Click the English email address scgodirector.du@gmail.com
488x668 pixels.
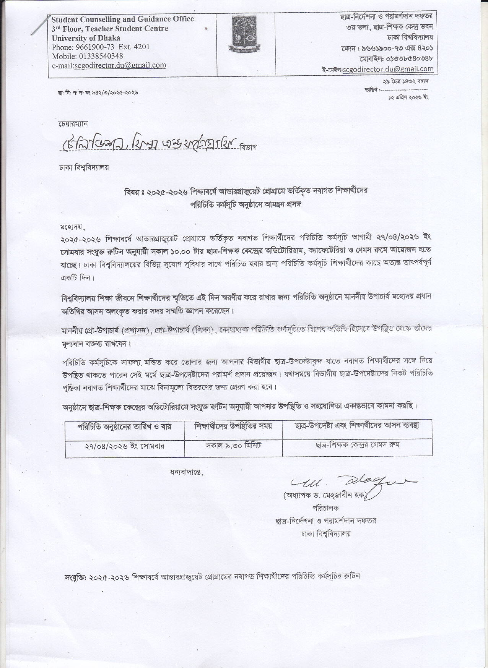tap(120, 65)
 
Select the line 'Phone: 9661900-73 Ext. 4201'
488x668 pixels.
tap(101, 47)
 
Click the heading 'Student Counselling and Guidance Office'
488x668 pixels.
tap(123, 19)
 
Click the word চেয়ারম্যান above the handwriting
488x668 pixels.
tap(73, 124)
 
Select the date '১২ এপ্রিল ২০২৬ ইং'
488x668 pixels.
tap(408, 97)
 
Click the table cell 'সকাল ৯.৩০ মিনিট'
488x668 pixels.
tap(233, 446)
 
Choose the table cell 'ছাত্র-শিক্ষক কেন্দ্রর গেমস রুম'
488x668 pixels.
tap(358, 446)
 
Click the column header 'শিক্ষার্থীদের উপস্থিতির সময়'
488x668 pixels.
tap(233, 426)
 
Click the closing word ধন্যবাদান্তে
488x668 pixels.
tap(187, 472)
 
